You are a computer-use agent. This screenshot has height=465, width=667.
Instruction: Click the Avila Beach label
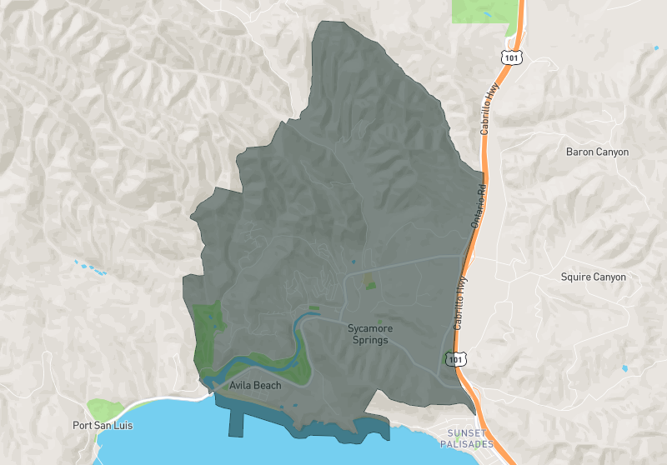[256, 386]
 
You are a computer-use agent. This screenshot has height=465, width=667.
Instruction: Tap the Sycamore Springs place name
[368, 334]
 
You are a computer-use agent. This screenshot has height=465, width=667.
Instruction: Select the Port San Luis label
[99, 425]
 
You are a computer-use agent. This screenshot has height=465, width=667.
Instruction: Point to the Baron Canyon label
[597, 152]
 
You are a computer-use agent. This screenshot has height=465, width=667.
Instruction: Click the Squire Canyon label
[593, 277]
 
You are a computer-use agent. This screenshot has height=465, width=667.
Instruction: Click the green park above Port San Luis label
[103, 408]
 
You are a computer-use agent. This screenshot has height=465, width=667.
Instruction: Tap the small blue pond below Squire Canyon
[624, 367]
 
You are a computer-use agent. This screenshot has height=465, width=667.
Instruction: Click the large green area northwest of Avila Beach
[207, 329]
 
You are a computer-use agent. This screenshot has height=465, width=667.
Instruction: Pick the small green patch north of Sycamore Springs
[370, 284]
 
